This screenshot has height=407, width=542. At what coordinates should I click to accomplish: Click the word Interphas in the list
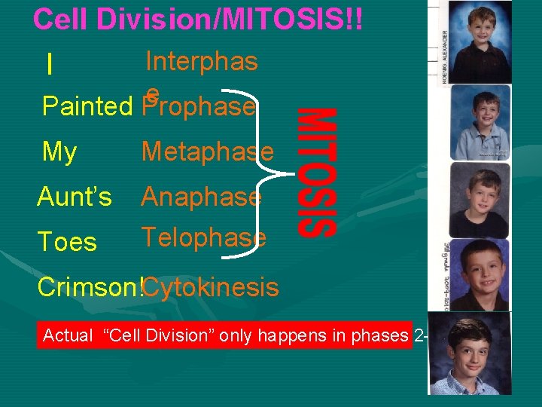[201, 61]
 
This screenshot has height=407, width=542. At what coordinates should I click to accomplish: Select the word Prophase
[199, 107]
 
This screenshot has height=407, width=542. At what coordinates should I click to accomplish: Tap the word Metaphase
[207, 151]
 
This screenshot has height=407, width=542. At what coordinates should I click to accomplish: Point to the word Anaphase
[201, 197]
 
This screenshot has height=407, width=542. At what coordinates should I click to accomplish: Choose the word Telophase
[203, 237]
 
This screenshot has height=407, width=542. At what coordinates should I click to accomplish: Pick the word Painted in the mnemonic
[87, 107]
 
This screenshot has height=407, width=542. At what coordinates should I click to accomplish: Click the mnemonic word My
[59, 151]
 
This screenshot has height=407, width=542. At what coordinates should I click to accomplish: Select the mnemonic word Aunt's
[75, 197]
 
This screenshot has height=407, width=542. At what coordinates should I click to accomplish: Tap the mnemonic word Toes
[67, 242]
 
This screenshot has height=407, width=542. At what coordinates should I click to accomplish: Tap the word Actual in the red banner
[67, 335]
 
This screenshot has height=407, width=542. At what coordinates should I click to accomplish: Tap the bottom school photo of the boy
[469, 353]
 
